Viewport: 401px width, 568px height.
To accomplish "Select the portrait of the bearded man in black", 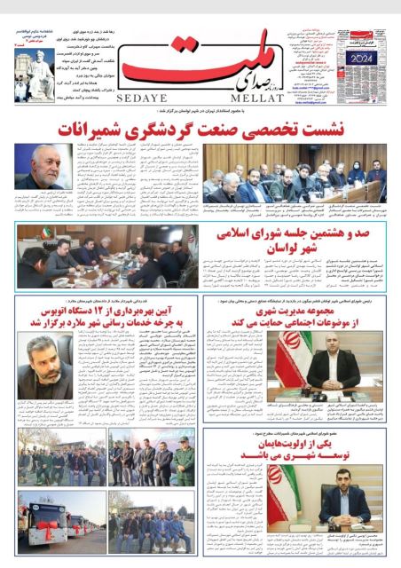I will pyautogui.click(x=44, y=366).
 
